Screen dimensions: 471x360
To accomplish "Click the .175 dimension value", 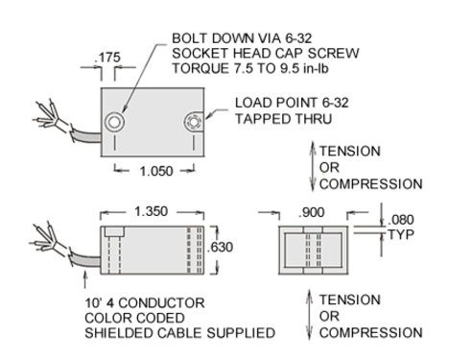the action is coord(107,58).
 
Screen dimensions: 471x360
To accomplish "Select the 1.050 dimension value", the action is coord(156,171).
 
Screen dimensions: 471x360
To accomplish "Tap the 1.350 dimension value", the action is coord(151,211).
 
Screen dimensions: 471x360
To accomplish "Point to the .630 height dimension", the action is coord(221,247).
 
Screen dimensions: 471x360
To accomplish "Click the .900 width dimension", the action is coord(312,212).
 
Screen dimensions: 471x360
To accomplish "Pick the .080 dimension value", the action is coord(401,220).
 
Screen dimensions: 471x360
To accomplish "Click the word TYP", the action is coord(401,234).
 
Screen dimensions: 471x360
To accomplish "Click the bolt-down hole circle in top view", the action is coord(115,122).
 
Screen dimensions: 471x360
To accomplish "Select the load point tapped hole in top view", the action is coord(193,122).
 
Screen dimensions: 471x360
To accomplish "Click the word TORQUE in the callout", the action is coord(200,68).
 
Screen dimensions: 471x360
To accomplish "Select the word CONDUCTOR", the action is coord(161,302).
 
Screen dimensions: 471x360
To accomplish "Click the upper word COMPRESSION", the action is coord(371,184).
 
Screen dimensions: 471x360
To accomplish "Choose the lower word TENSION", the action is coord(350,300).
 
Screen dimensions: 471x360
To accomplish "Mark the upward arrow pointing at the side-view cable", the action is coord(85,279).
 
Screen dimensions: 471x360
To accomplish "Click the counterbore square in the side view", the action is coord(115,231).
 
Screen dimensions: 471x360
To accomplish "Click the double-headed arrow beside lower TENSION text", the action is coord(309,315).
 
